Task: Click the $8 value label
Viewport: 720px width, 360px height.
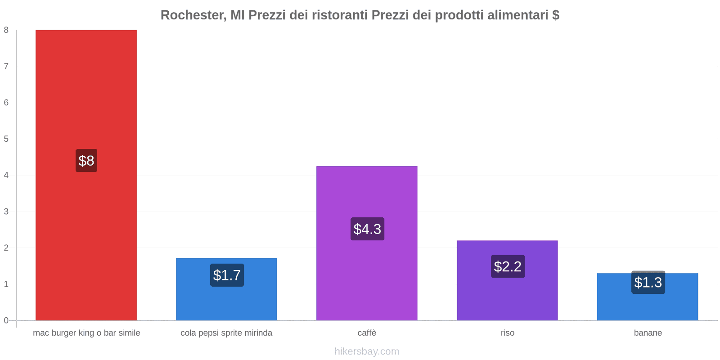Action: click(x=86, y=161)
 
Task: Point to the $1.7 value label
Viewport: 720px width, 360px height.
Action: click(x=227, y=275)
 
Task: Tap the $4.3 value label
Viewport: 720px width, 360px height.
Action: click(x=367, y=229)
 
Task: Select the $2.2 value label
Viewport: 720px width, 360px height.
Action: click(x=508, y=266)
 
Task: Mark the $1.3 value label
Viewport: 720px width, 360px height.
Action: click(x=648, y=282)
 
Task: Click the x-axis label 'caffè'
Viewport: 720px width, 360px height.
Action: click(x=367, y=333)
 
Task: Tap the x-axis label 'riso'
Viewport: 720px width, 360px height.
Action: click(x=507, y=333)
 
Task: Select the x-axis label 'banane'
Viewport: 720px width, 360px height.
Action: click(x=648, y=333)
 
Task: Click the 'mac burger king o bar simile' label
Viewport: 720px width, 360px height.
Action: click(x=86, y=333)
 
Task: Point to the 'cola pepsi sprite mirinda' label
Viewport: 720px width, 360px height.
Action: click(x=226, y=333)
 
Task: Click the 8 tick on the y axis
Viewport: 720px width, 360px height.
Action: click(x=6, y=30)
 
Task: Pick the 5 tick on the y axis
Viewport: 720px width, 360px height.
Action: click(x=6, y=139)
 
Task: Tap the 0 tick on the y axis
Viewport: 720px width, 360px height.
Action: click(x=6, y=320)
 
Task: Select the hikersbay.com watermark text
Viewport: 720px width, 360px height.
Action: click(x=367, y=351)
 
